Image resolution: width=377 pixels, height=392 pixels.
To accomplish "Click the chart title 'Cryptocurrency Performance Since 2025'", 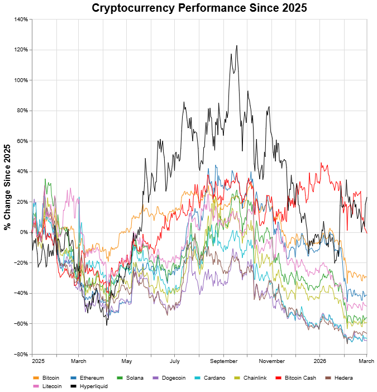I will (199, 8).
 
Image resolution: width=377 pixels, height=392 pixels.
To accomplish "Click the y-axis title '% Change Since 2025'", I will (8, 187).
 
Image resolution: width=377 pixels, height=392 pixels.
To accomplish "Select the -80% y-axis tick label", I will (21, 354).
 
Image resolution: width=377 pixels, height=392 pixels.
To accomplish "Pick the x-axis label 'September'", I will (223, 361).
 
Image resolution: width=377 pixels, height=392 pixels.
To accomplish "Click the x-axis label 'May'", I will (126, 361).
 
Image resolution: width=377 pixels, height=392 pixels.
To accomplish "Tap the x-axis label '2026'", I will (319, 361).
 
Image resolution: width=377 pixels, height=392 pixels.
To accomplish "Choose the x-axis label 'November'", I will (272, 361).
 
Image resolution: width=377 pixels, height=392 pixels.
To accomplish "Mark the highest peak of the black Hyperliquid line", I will (237, 46).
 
